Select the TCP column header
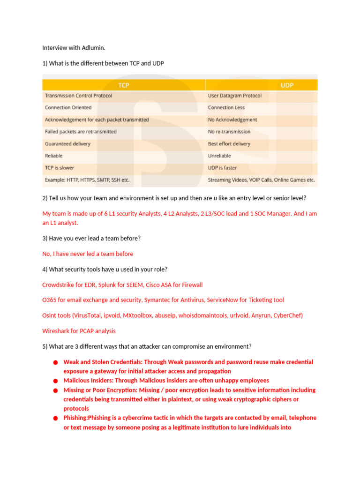[124, 85]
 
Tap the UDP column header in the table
[286, 85]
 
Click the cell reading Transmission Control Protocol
[78, 96]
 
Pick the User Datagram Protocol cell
[234, 96]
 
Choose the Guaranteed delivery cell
[67, 144]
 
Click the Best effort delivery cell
[229, 144]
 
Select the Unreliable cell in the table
[219, 156]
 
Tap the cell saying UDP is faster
[222, 168]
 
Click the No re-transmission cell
[229, 132]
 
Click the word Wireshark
[56, 330]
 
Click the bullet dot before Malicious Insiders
[55, 381]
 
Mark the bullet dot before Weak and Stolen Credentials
[55, 362]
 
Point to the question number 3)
[45, 238]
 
